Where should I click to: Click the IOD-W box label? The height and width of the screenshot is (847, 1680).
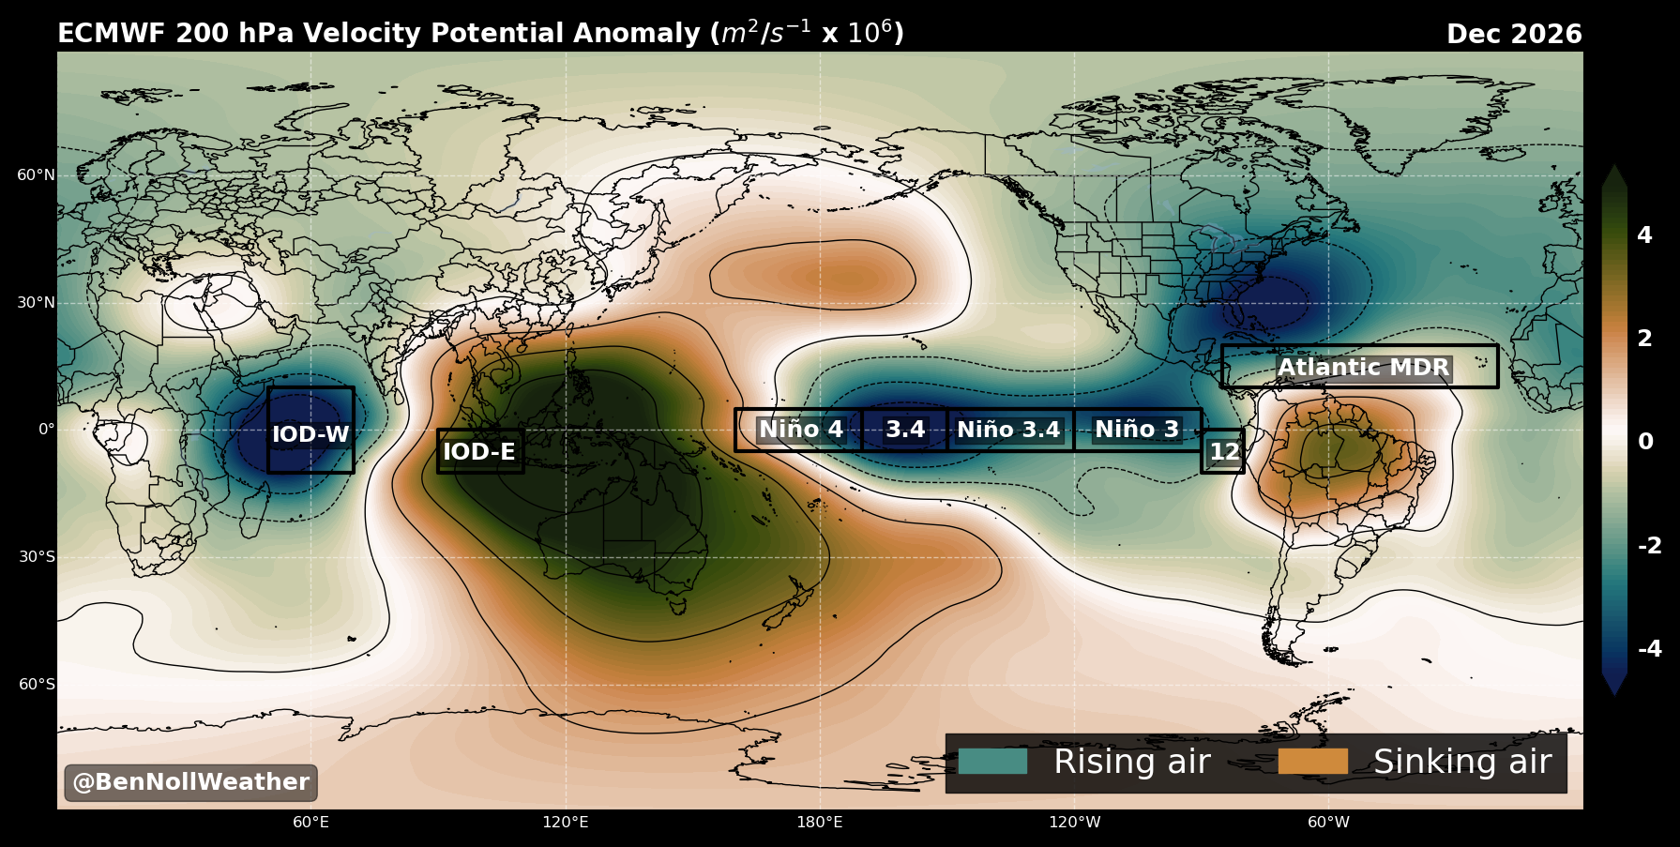pos(310,434)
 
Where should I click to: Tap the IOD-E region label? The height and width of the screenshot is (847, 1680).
pos(479,452)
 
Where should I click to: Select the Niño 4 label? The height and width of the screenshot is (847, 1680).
pos(801,430)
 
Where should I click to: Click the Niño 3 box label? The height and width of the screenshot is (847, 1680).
pos(1137,430)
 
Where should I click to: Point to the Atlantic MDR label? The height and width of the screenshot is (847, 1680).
pos(1364,368)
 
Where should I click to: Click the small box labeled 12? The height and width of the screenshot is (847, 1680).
pos(1224,452)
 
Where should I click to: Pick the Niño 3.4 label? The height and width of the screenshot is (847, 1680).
pos(1008,430)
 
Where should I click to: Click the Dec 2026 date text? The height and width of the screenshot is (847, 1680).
pos(1514,35)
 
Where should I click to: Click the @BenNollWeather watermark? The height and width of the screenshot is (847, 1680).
pos(190,782)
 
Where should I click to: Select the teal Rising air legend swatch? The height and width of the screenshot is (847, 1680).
pos(992,762)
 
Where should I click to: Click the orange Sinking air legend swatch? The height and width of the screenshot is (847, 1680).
pos(1312,762)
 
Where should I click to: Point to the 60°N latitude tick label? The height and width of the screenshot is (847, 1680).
pos(36,175)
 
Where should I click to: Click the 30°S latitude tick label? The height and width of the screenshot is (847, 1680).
pos(37,557)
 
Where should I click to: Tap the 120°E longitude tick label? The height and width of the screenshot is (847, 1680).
pos(566,823)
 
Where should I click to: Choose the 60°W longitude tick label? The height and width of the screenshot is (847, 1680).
pos(1329,823)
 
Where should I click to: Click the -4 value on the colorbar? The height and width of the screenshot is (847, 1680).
pos(1650,648)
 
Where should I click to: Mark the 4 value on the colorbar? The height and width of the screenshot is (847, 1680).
pos(1644,235)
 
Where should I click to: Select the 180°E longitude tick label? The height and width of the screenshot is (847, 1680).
pos(820,823)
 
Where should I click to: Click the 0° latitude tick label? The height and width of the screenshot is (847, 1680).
pos(46,430)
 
